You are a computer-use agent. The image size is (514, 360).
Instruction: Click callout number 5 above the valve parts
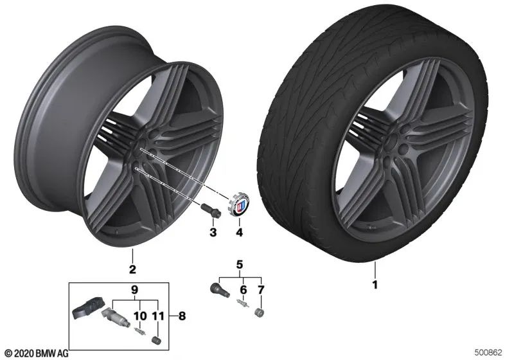coord(240,264)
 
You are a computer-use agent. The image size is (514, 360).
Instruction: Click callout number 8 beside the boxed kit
coord(182,316)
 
